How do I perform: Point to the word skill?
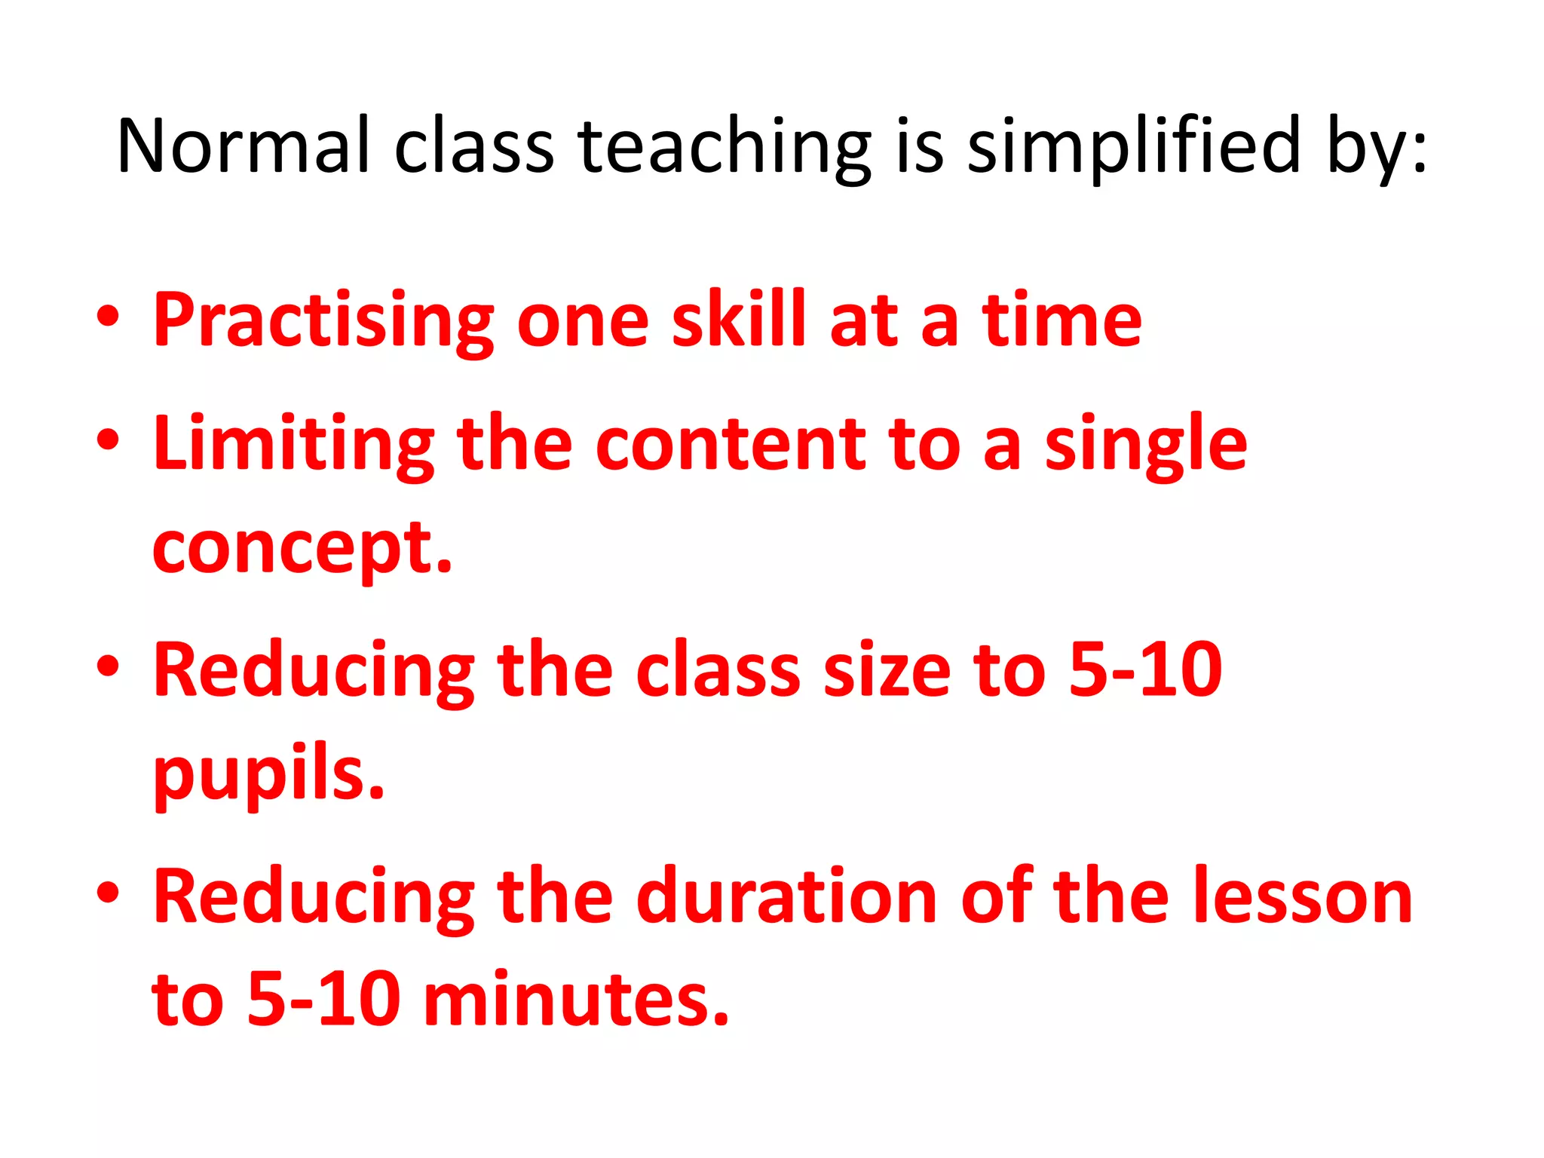(x=739, y=320)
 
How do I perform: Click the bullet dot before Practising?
(x=108, y=317)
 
